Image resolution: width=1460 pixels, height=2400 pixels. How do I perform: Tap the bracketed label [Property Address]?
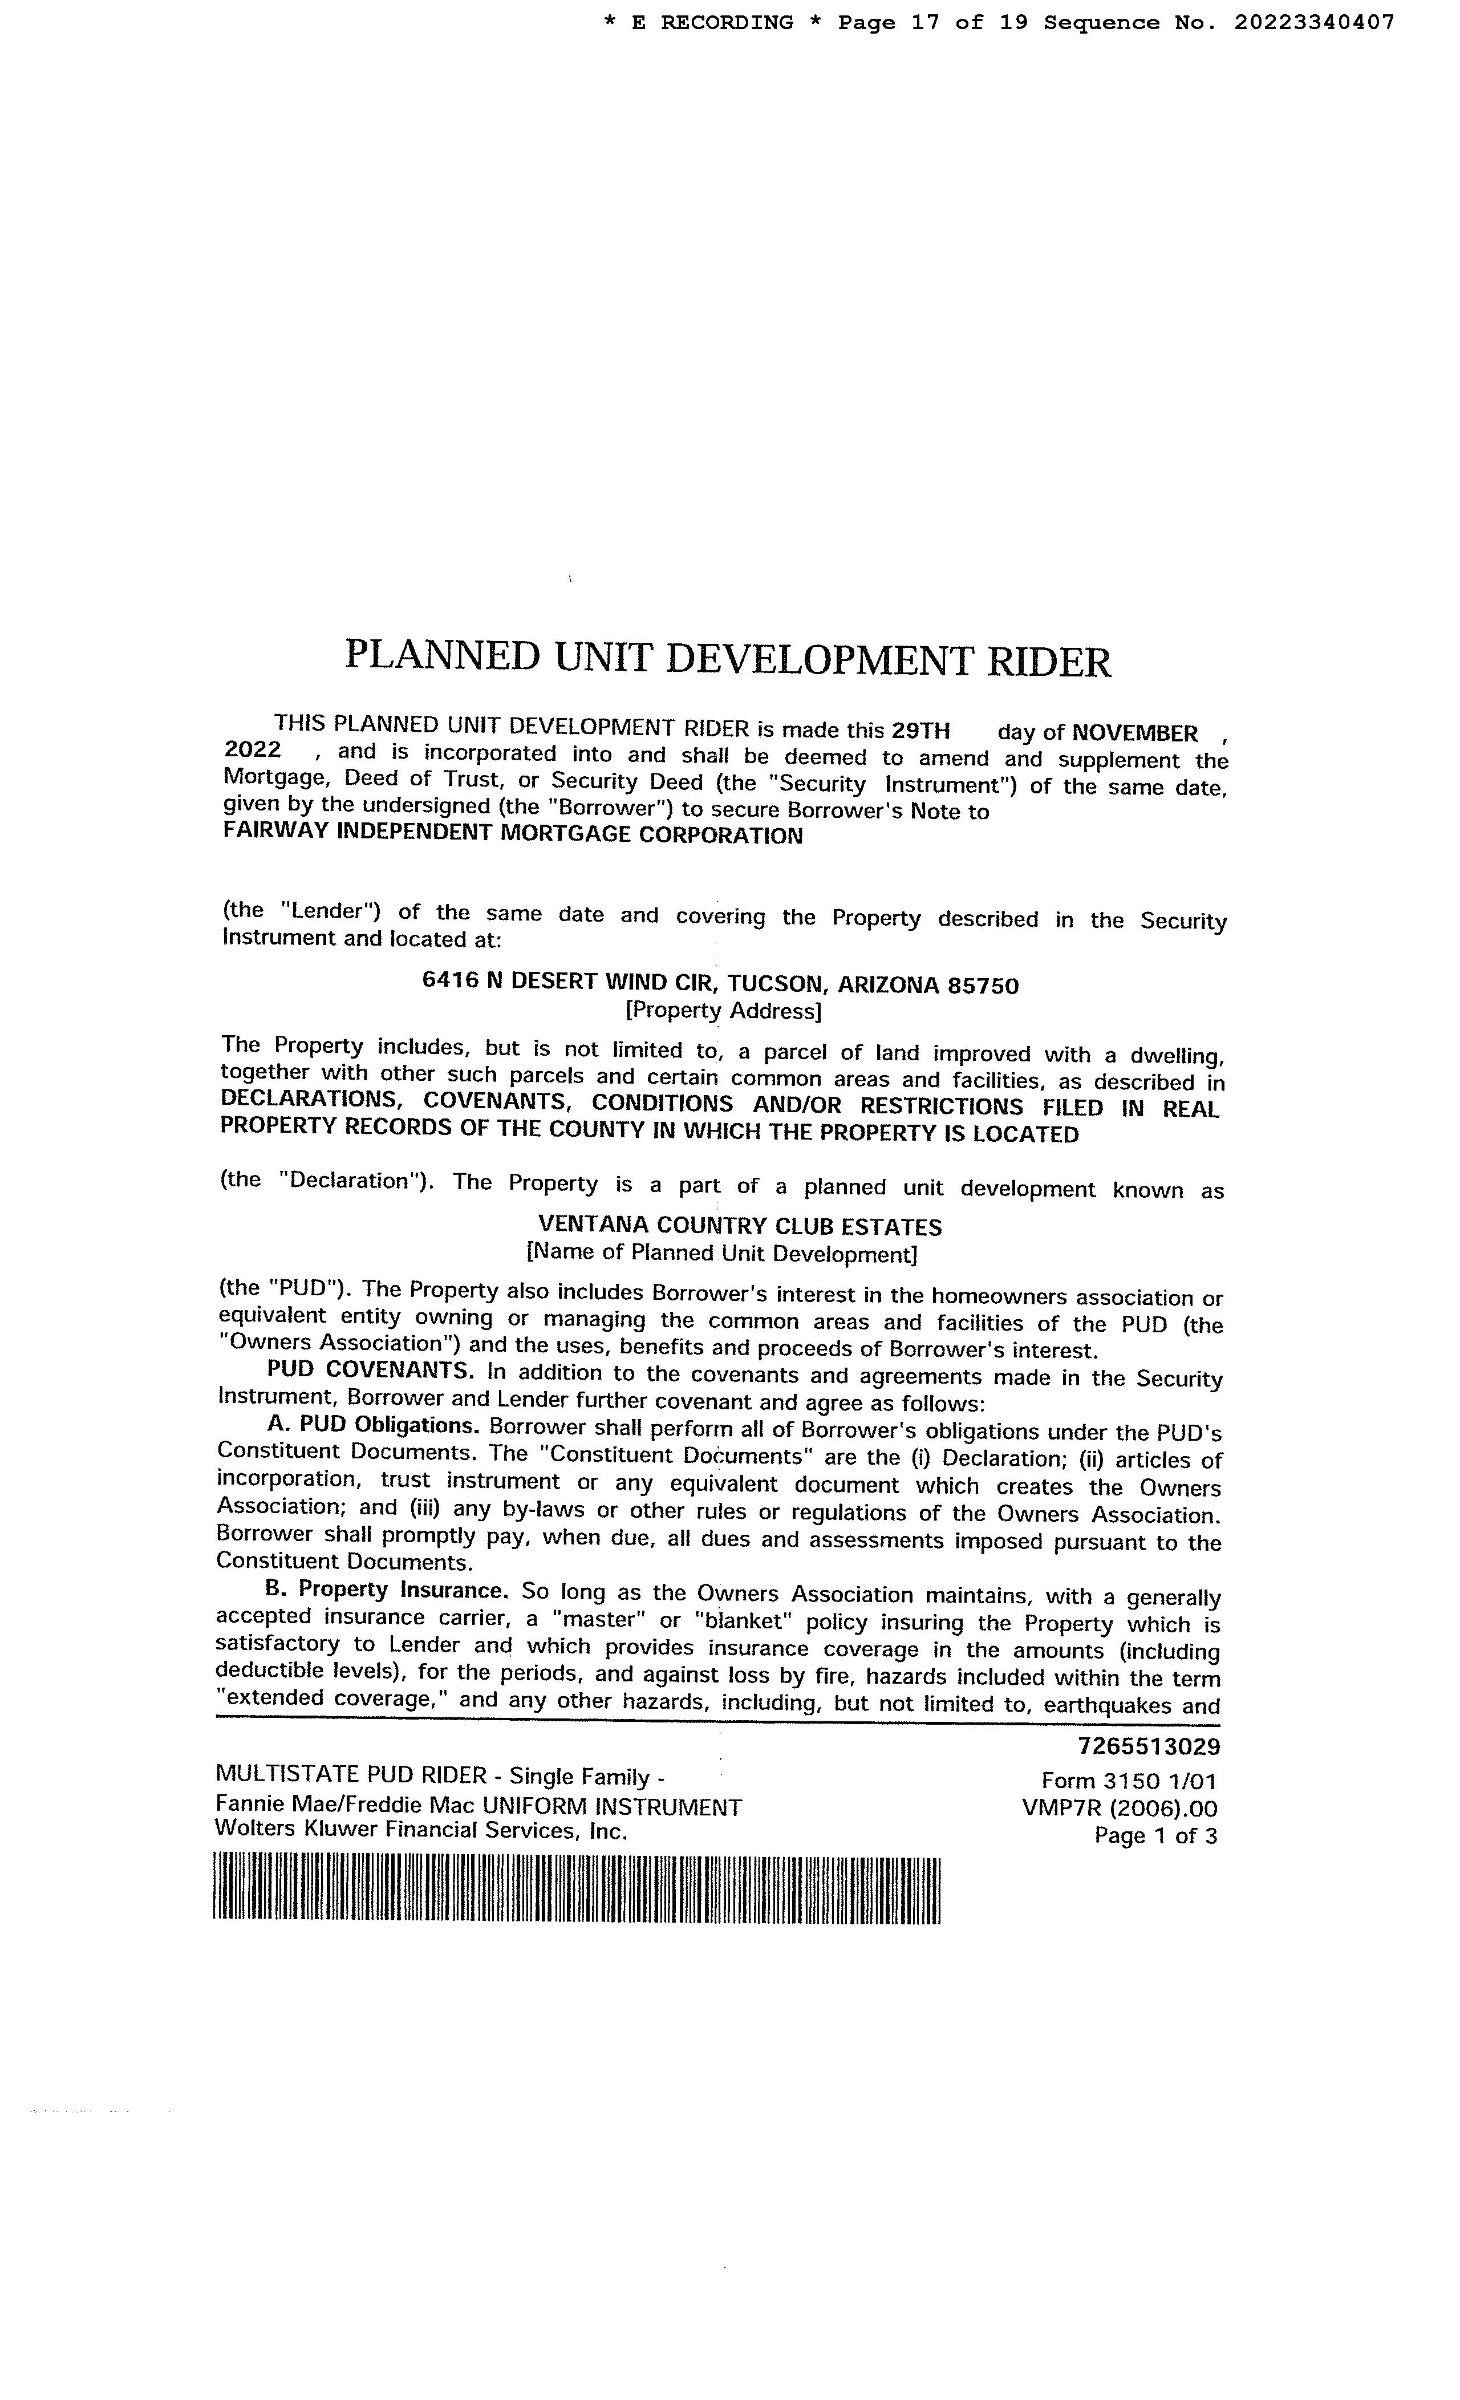(x=723, y=1011)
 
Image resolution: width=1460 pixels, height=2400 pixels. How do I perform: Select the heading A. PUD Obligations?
(x=373, y=1424)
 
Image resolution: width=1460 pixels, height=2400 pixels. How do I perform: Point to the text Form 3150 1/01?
(x=1128, y=1781)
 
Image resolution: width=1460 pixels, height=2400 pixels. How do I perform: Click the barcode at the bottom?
(x=577, y=1890)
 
